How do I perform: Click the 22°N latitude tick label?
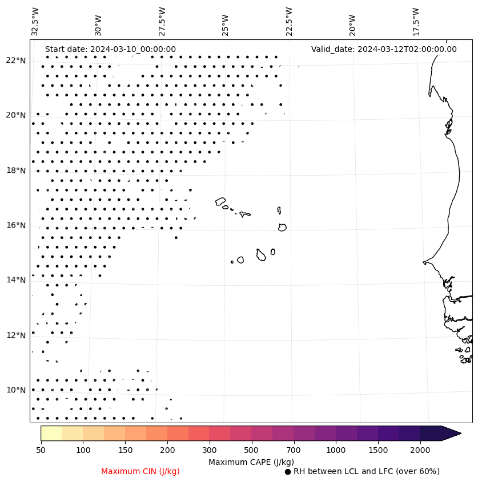pos(16,60)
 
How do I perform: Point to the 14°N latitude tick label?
pos(16,280)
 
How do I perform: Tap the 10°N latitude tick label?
pos(16,390)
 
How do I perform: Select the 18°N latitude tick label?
pos(16,171)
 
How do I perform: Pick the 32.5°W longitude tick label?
pos(35,21)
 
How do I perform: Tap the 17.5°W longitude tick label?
pos(416,21)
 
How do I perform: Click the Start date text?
pos(110,49)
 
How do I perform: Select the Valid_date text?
pos(384,49)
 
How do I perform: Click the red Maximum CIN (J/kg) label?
pos(140,471)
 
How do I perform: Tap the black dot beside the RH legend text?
pos(288,472)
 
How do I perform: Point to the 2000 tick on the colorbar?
pos(420,451)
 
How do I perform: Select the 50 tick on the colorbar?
pos(41,451)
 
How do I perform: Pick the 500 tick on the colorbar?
pos(252,451)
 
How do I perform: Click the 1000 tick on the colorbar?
pos(336,451)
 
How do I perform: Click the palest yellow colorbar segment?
pos(51,433)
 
